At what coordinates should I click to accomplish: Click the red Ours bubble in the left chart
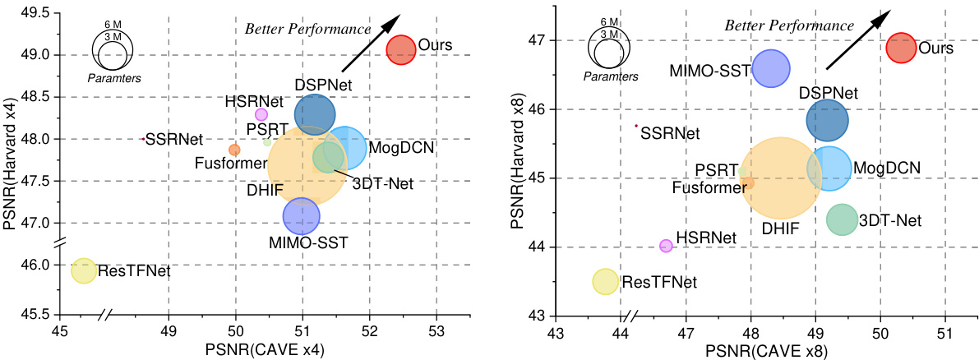[401, 49]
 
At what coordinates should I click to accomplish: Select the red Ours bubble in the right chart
[901, 48]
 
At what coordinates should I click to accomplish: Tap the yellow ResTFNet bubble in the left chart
[84, 270]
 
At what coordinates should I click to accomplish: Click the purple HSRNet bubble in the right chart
[666, 246]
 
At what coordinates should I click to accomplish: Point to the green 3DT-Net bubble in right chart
[842, 219]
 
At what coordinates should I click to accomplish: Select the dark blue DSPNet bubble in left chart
[315, 114]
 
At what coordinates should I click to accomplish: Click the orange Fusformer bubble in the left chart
[234, 150]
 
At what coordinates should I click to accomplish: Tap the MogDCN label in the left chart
[400, 149]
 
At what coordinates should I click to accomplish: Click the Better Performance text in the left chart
[308, 30]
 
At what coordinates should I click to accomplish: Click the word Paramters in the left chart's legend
[113, 78]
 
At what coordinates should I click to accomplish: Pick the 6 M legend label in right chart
[609, 22]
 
